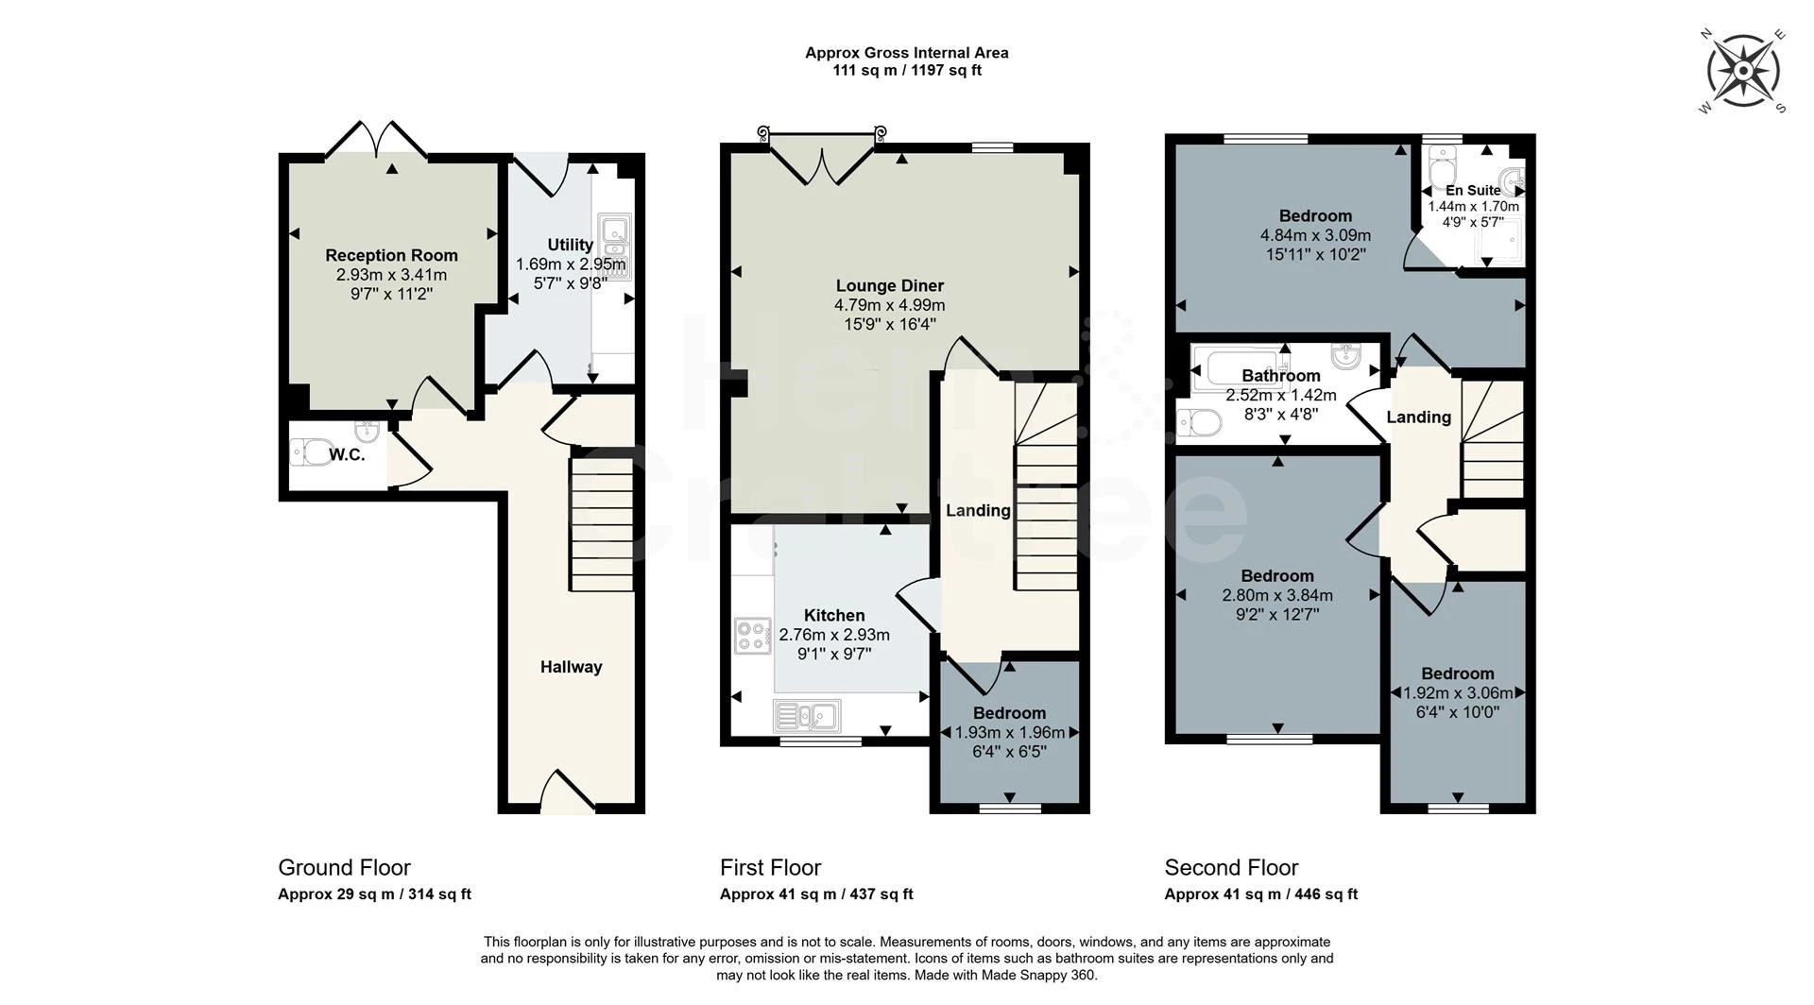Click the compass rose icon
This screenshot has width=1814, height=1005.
click(x=1743, y=72)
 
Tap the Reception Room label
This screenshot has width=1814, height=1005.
click(x=391, y=255)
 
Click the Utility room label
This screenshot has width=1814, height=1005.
click(x=570, y=245)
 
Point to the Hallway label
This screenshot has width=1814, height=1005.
click(x=571, y=667)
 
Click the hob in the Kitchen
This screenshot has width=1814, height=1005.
click(x=753, y=636)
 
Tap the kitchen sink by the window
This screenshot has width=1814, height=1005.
click(x=807, y=716)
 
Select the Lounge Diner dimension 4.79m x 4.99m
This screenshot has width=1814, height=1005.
click(x=889, y=305)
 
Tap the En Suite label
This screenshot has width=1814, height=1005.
click(x=1473, y=191)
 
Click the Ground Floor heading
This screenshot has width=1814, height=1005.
click(x=344, y=867)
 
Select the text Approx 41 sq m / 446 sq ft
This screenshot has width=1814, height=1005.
click(x=1260, y=894)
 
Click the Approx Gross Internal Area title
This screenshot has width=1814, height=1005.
click(x=906, y=53)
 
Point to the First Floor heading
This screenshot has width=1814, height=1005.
click(x=770, y=867)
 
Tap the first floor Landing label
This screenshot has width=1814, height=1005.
click(x=978, y=511)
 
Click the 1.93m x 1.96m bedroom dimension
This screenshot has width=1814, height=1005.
click(x=1009, y=733)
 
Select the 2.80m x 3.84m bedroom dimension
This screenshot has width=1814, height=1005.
click(x=1276, y=595)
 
